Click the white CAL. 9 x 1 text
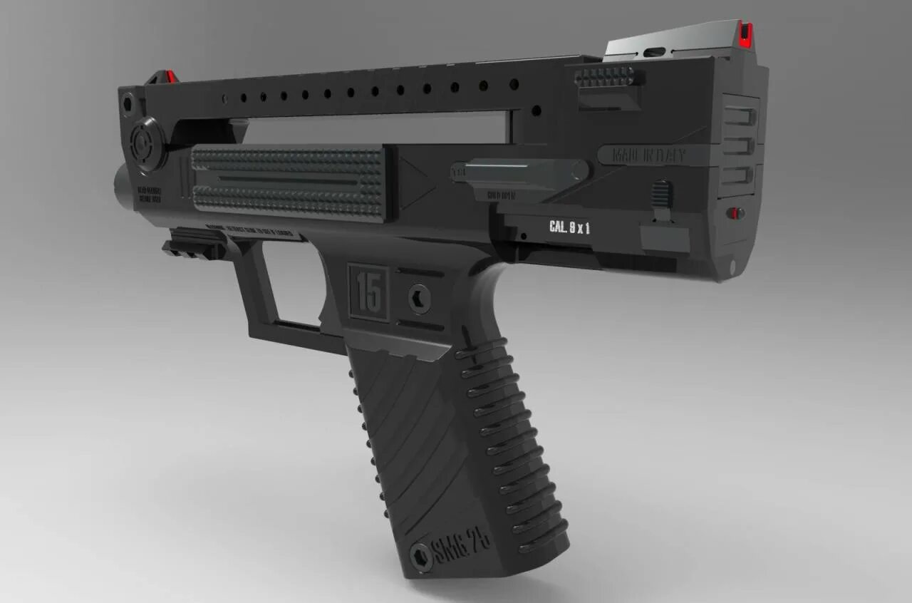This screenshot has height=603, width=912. [x=569, y=227]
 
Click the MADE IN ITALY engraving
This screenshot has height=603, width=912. [x=641, y=155]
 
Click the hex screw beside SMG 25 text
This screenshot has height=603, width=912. [x=421, y=556]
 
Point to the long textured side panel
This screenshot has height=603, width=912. [x=289, y=180]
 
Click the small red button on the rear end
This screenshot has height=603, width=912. [x=736, y=212]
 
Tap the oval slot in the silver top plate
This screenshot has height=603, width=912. [x=653, y=52]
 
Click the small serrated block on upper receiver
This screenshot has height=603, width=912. [x=607, y=77]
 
